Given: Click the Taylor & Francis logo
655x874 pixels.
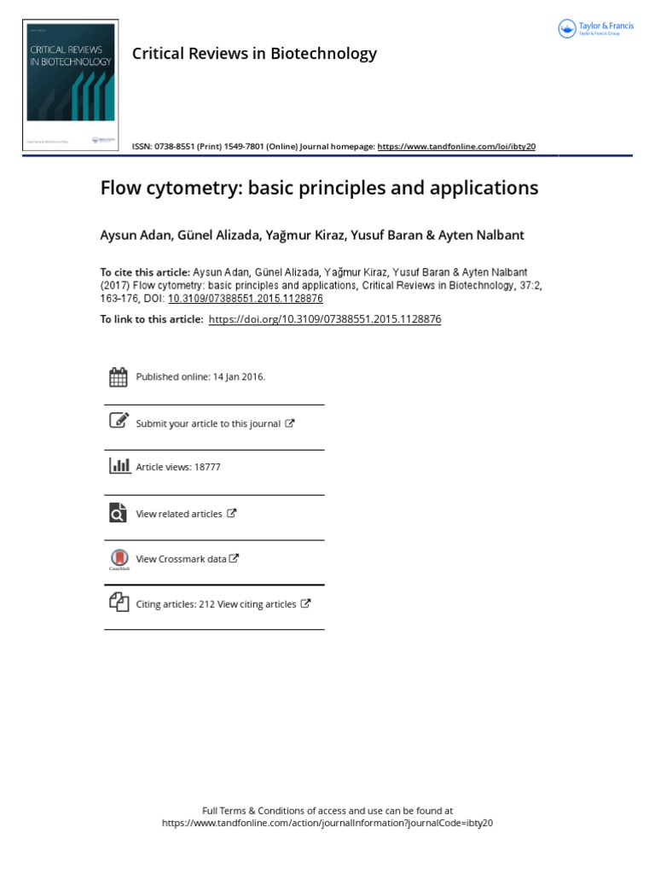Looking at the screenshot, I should [595, 29].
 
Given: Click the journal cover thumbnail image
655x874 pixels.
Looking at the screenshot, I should [70, 86].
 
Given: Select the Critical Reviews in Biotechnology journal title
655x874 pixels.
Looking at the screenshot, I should [254, 54].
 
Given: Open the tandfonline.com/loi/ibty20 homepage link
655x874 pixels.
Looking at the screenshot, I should [456, 147].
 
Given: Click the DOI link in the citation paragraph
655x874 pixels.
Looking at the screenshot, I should [246, 299].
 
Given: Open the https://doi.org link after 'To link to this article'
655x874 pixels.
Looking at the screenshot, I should [324, 319].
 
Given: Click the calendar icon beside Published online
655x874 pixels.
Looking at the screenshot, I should [119, 376].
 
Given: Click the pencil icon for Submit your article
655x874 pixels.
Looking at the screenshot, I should [119, 421].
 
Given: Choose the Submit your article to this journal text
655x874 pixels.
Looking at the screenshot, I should [208, 423].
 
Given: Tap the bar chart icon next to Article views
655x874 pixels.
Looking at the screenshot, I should [119, 466].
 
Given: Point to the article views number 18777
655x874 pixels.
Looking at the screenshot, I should [207, 468].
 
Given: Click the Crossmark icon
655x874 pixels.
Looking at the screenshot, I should [119, 558].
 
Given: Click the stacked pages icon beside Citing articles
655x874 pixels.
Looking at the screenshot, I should [119, 602].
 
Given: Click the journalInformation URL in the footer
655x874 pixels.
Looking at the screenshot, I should [327, 824].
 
